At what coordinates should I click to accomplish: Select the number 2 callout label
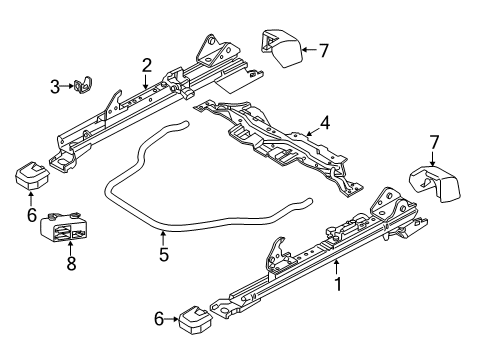click(x=146, y=66)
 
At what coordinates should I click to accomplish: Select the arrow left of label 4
click(x=305, y=126)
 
